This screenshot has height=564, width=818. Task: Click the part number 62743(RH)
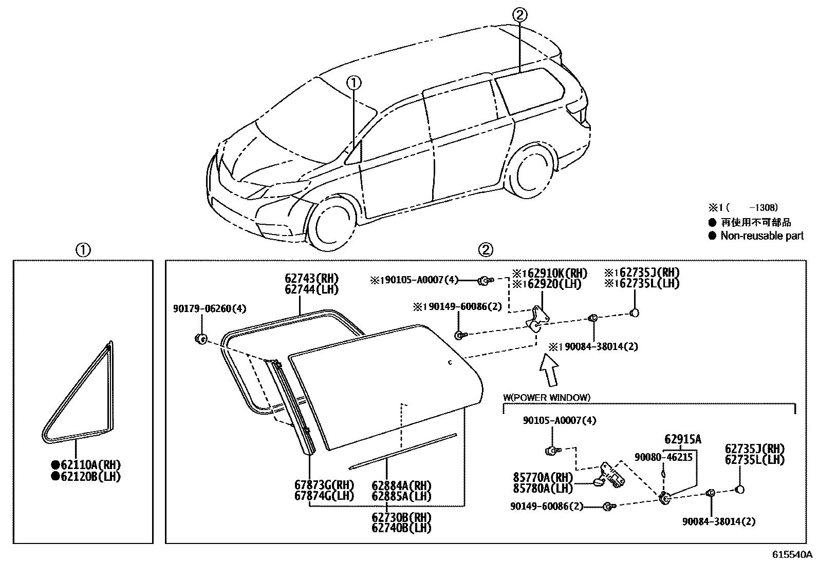coord(312,279)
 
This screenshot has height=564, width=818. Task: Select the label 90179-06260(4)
coord(210,308)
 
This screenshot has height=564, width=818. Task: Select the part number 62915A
coord(682,439)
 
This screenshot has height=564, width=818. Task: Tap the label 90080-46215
coord(663,456)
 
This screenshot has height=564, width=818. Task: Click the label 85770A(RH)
coord(543,476)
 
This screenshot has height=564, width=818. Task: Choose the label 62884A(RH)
coord(401,485)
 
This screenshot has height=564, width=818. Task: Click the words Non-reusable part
coord(762,236)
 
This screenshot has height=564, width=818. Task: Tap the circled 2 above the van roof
coord(519,15)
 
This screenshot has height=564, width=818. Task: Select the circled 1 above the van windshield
coord(354,82)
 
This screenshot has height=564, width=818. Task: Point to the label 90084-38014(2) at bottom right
coord(719,521)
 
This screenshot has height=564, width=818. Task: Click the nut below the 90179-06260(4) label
coord(201,338)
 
